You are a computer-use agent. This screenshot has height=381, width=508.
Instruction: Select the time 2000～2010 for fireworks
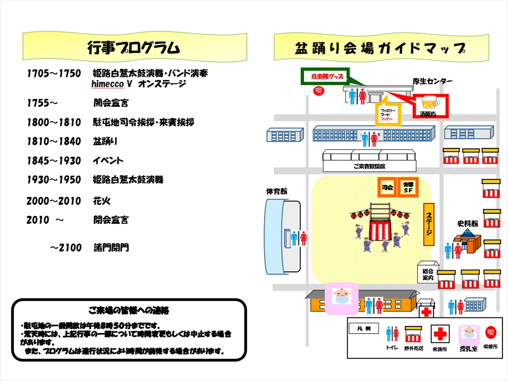pyautogui.click(x=53, y=201)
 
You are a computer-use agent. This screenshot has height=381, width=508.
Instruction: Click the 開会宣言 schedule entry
pyautogui.click(x=111, y=102)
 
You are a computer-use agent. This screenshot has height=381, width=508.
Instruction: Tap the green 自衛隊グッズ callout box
pyautogui.click(x=326, y=77)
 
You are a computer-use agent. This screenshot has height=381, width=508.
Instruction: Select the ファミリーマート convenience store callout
pyautogui.click(x=386, y=113)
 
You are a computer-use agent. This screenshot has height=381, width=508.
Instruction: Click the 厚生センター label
pyautogui.click(x=433, y=82)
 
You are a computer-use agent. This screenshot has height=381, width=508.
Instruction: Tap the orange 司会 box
pyautogui.click(x=387, y=187)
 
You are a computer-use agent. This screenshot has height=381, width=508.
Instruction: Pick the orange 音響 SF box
pyautogui.click(x=408, y=187)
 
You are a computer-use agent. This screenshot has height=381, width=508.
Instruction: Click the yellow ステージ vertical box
pyautogui.click(x=429, y=224)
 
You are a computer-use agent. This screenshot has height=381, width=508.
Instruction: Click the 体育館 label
pyautogui.click(x=277, y=191)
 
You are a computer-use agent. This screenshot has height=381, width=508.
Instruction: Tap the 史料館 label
pyautogui.click(x=467, y=223)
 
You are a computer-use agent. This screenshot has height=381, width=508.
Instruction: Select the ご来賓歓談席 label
pyautogui.click(x=370, y=167)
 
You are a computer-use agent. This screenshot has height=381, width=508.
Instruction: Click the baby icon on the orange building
pyautogui.click(x=341, y=297)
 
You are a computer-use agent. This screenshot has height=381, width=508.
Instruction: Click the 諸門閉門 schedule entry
pyautogui.click(x=111, y=247)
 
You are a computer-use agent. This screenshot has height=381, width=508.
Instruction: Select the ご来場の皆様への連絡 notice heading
pyautogui.click(x=129, y=310)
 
